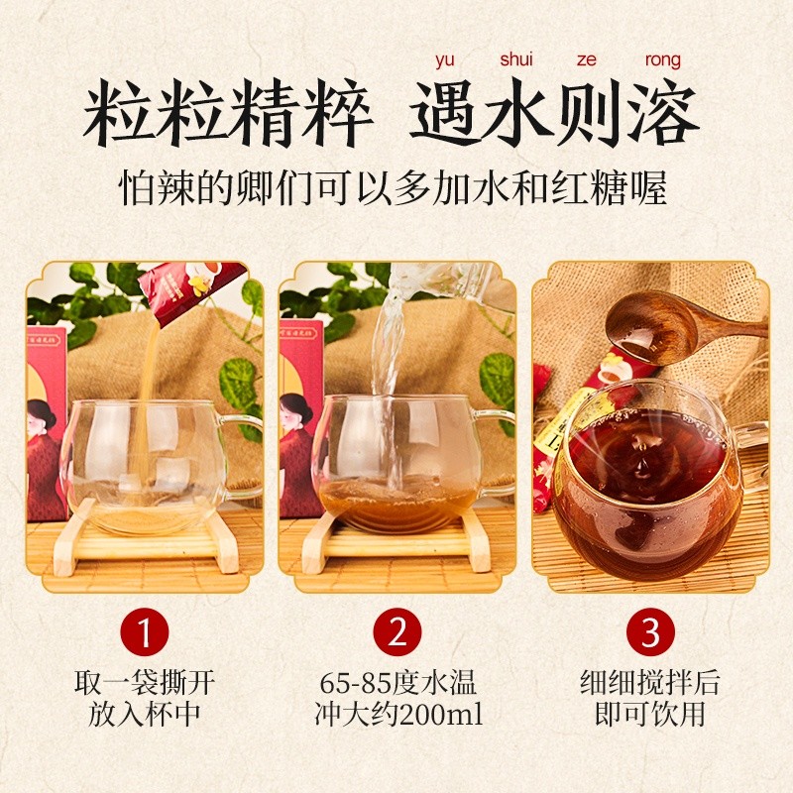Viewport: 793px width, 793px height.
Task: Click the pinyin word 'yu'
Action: coord(444,60)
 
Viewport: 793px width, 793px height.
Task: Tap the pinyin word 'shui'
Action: coord(516,59)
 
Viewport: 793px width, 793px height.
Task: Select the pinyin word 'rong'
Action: coord(662,60)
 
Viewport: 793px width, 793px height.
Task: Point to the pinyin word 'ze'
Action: coord(586,59)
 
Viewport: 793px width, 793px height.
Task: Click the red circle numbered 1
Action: coord(144,631)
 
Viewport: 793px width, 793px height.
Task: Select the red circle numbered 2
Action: coord(397,631)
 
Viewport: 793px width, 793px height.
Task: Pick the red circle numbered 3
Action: coord(650,631)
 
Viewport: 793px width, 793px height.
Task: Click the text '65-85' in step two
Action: coord(356,683)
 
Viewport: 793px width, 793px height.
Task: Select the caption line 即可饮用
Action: coord(650,714)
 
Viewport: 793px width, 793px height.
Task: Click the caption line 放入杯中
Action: coord(144,714)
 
